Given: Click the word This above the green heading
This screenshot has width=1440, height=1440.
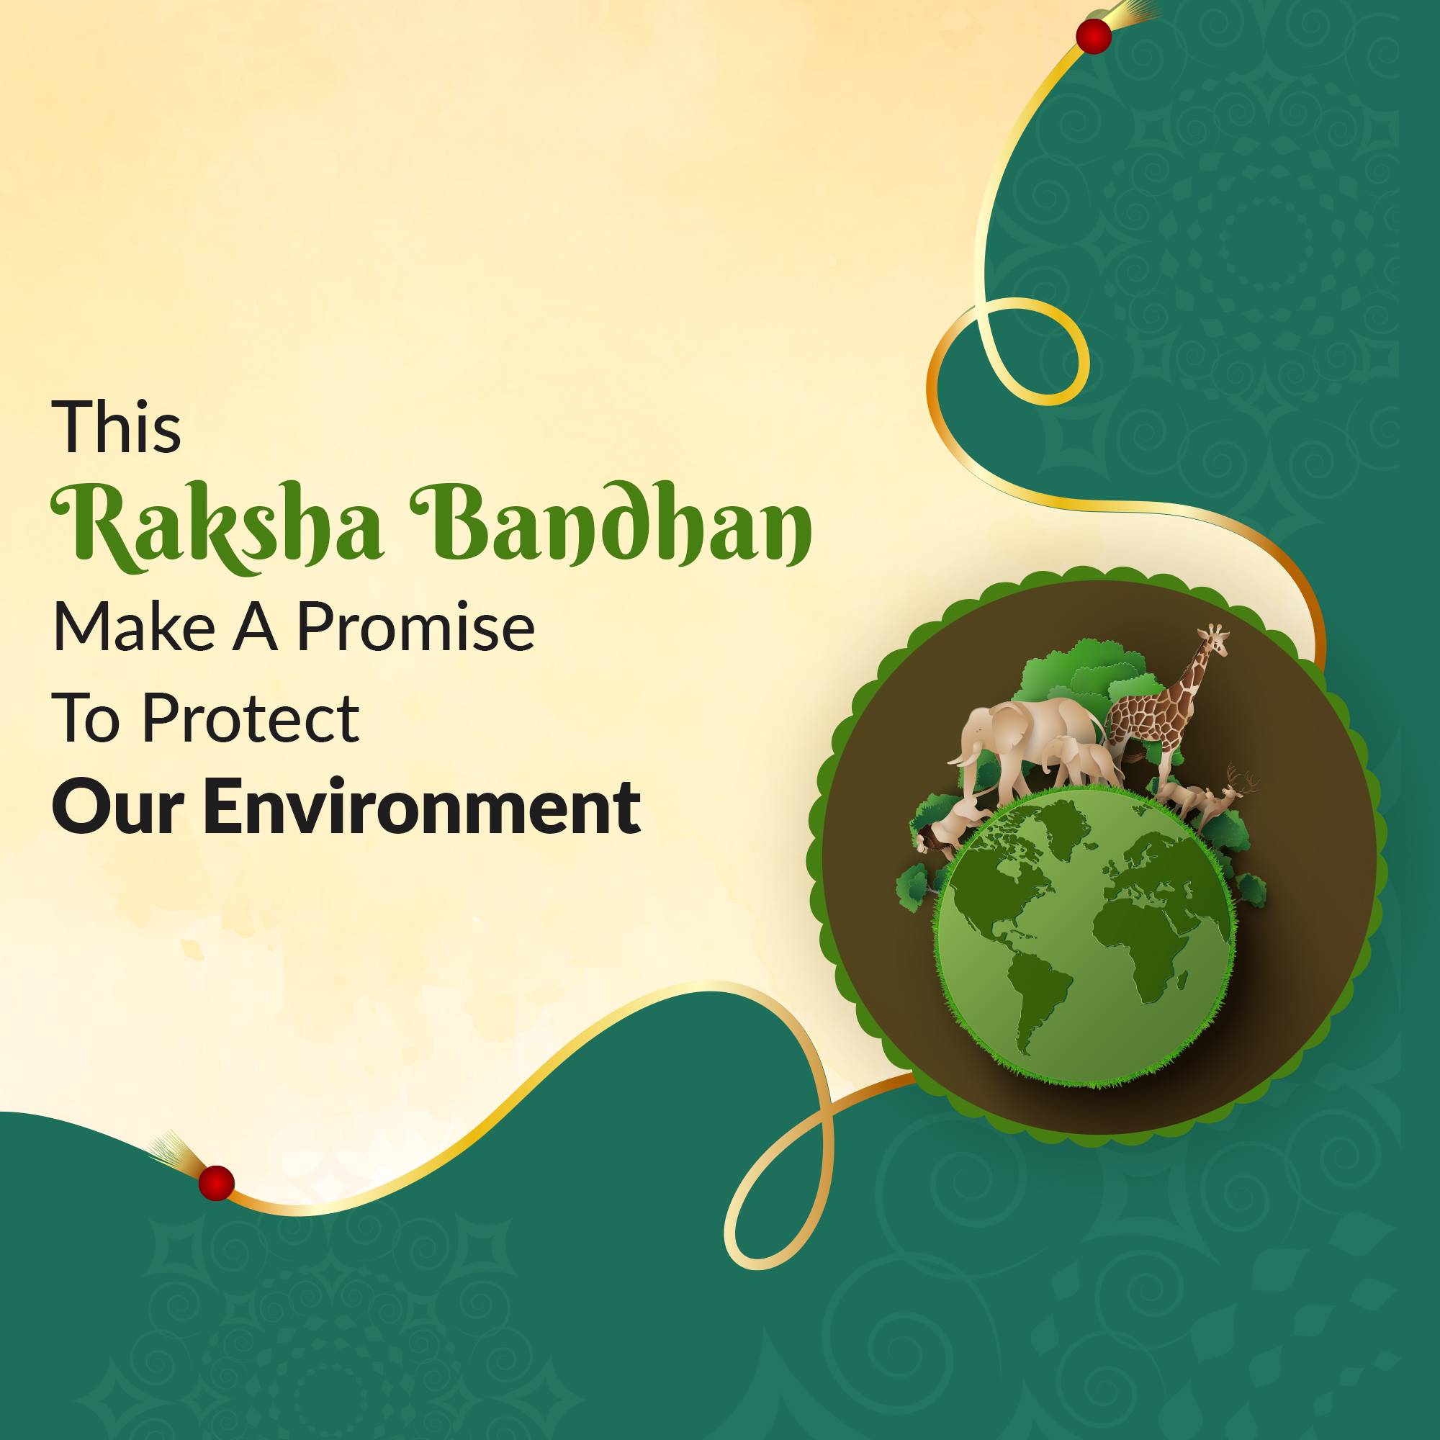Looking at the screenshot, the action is point(116,426).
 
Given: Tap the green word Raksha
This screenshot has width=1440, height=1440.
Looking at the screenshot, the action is point(217,526).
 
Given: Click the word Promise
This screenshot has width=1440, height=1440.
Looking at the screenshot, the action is point(416,627).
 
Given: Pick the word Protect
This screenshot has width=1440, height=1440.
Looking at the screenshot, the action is point(251,717).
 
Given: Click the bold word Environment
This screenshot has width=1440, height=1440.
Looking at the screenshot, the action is point(422,806).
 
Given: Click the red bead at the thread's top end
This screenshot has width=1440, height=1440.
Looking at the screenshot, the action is point(1094,36).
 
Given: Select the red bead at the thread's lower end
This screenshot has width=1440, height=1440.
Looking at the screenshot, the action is point(216,1182).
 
